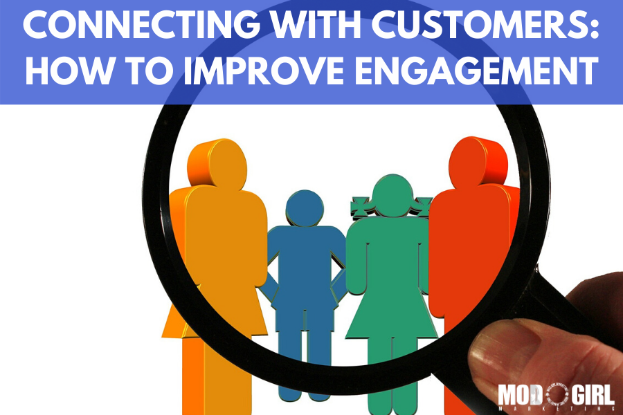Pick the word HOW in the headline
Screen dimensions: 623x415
click(69, 71)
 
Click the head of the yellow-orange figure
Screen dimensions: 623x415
click(217, 163)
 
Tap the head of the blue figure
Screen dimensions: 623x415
click(305, 208)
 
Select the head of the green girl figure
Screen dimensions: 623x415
click(392, 195)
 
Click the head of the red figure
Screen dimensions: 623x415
click(478, 161)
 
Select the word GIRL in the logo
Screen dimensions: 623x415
click(592, 394)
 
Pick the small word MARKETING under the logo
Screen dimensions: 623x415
click(556, 409)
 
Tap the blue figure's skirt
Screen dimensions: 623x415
click(305, 306)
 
